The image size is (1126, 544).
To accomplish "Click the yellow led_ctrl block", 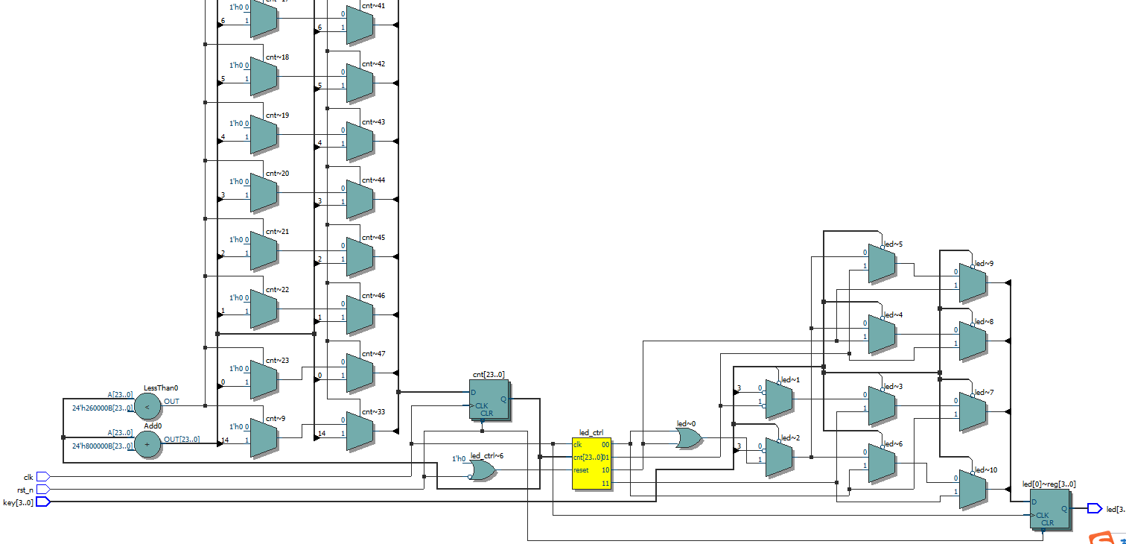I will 591,463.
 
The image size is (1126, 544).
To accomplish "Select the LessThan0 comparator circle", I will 147,407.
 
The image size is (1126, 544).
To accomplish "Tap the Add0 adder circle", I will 147,445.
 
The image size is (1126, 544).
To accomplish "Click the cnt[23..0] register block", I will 489,400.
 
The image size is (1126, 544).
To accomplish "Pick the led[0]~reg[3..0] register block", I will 1049,508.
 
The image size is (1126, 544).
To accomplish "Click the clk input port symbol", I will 43,476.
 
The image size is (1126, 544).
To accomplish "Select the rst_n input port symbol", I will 43,490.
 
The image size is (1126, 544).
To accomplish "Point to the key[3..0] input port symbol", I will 43,502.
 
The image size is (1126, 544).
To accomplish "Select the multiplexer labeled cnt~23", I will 264,380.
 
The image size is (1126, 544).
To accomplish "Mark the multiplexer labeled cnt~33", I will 360,431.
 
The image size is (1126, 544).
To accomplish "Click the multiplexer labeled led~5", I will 882,264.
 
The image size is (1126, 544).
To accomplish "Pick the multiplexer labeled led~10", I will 973,489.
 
